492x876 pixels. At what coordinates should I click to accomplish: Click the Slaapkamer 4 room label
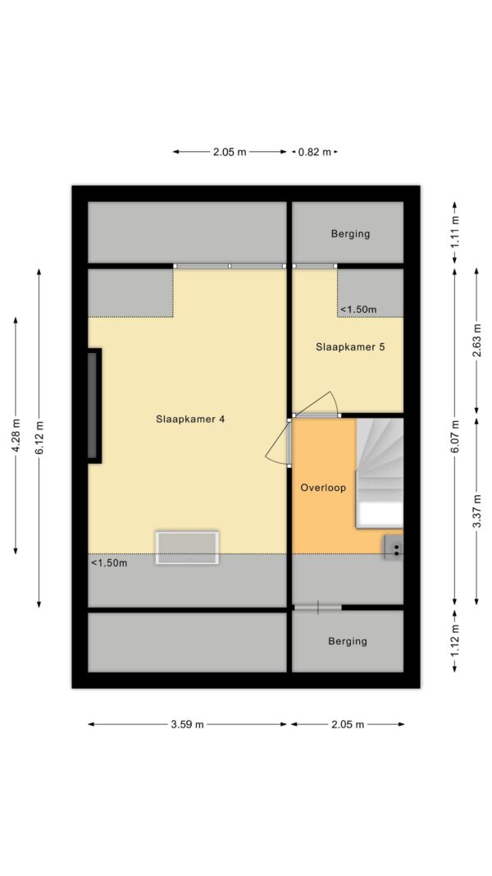(190, 419)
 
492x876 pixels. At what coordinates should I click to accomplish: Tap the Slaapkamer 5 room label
(350, 347)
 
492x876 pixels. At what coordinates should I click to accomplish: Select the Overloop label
(323, 488)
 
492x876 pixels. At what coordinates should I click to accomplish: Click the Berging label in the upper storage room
(350, 233)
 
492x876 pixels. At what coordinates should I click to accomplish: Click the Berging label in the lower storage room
(348, 641)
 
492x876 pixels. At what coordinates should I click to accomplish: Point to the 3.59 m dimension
(188, 725)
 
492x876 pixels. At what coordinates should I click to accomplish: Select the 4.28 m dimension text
(16, 436)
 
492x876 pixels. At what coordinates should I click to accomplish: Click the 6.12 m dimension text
(39, 437)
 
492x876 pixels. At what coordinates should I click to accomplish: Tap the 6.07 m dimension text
(455, 437)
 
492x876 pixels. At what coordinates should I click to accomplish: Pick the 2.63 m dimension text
(476, 341)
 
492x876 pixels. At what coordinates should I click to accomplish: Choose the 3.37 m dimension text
(476, 511)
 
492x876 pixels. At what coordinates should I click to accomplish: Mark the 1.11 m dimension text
(455, 232)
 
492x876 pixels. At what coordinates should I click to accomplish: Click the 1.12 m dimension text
(455, 640)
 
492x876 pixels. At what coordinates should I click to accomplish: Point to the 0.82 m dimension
(315, 152)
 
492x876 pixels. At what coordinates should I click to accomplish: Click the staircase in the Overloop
(380, 473)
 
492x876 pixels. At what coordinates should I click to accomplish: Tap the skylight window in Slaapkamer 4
(187, 548)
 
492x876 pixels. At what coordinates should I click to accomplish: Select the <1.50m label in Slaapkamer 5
(358, 309)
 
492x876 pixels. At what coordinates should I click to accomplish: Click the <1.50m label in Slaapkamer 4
(109, 562)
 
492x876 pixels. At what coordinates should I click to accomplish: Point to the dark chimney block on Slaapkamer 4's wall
(94, 406)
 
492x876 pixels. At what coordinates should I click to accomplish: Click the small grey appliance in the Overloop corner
(393, 547)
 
